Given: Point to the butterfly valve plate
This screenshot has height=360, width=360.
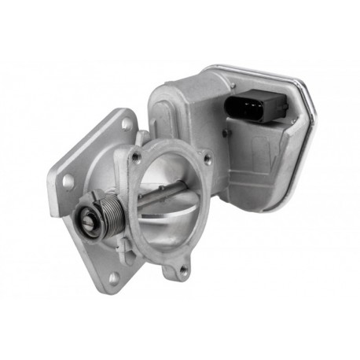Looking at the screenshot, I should click(x=174, y=212).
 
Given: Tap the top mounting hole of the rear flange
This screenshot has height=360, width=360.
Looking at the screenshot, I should click(x=127, y=123).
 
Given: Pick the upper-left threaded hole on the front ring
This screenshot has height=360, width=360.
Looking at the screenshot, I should click(x=138, y=158).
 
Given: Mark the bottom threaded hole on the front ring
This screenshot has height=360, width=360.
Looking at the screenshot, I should click(x=183, y=270).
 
